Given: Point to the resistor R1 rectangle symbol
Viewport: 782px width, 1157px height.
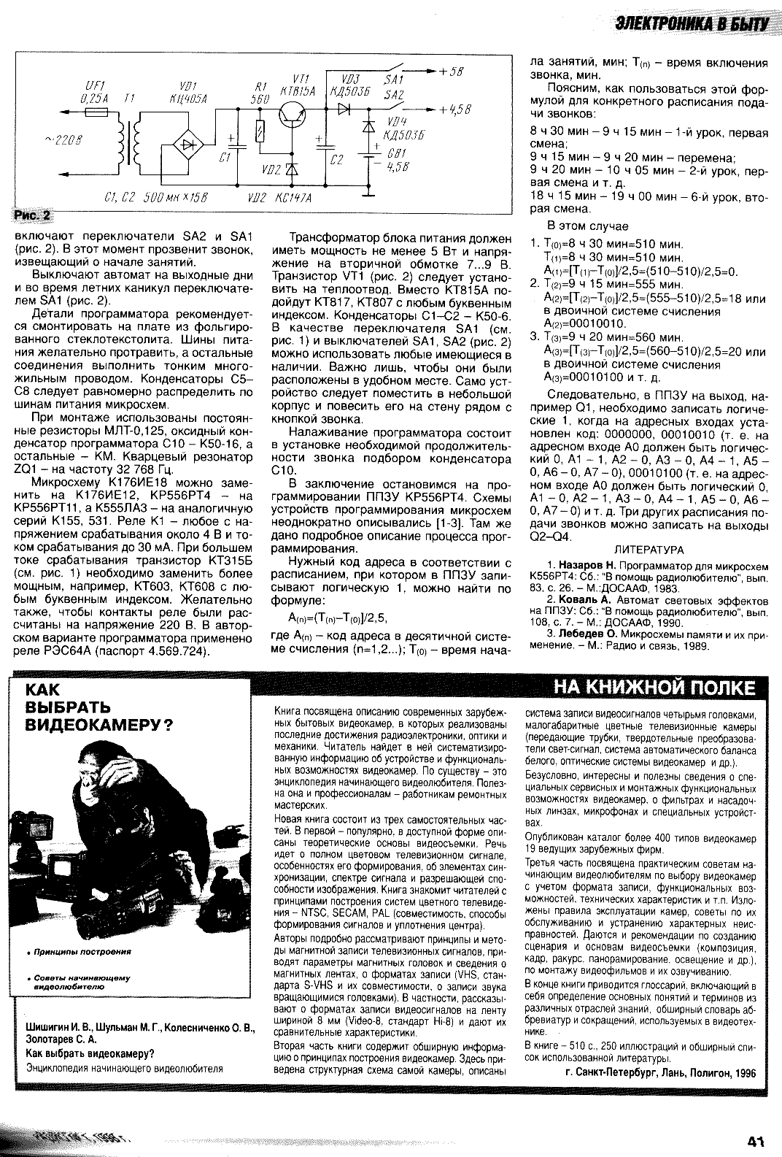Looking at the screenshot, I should pyautogui.click(x=260, y=132).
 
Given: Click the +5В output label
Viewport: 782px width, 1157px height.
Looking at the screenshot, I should pyautogui.click(x=452, y=71).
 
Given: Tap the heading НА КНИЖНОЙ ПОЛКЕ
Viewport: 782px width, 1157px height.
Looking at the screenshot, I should pyautogui.click(x=654, y=688).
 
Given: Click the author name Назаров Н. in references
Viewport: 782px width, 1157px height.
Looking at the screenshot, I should pyautogui.click(x=587, y=565).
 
